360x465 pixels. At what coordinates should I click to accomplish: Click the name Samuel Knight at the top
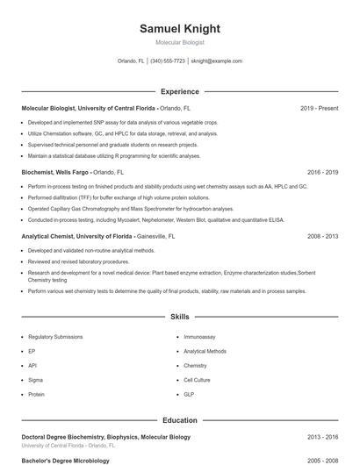click(x=179, y=29)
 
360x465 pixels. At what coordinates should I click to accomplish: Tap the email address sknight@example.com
click(x=216, y=61)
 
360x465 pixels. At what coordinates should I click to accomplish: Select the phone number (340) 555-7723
click(x=168, y=61)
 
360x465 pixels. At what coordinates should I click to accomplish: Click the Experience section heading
click(x=179, y=91)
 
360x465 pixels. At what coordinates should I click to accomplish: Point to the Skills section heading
click(x=179, y=316)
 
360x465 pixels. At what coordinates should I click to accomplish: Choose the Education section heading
click(x=179, y=420)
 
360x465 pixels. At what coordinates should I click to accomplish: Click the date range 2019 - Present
click(x=319, y=108)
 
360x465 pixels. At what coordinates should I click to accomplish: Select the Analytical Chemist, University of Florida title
click(x=77, y=236)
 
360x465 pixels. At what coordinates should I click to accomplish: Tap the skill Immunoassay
click(x=198, y=336)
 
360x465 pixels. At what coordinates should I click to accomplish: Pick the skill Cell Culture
click(x=197, y=380)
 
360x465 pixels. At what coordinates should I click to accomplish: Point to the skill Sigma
click(x=36, y=380)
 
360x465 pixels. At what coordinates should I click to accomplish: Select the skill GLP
click(x=189, y=394)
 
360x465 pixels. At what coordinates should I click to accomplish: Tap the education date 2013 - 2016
click(x=322, y=436)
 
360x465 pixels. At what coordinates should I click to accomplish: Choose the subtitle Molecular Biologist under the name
click(x=179, y=42)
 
